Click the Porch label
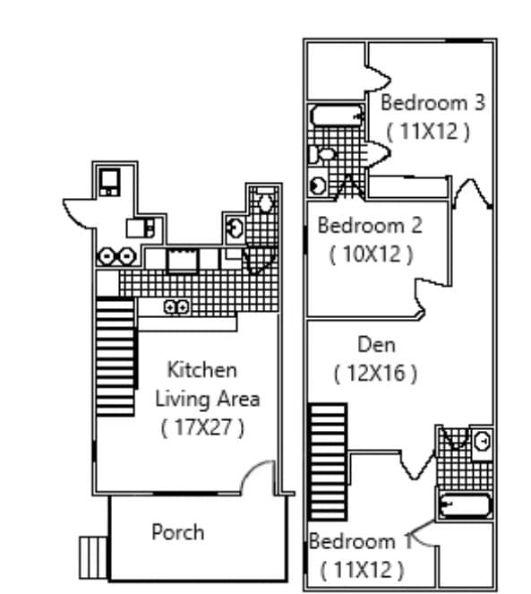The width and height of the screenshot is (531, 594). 177,532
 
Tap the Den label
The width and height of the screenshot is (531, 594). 376,344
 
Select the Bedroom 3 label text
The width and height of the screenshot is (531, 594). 433,102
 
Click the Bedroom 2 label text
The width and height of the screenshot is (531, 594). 370,225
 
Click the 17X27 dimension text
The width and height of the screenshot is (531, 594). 202,427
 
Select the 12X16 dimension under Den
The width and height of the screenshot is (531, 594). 375,373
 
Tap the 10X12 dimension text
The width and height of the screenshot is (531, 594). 371,254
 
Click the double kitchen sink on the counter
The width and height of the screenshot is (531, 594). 176,307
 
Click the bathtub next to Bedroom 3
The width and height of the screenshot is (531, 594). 337,116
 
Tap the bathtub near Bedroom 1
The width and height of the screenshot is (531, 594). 464,504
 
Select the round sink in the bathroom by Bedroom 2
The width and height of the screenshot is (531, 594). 319,185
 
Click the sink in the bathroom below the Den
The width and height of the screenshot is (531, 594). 482,441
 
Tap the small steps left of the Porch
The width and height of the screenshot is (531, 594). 93,557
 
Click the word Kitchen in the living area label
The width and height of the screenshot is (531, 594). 203,369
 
